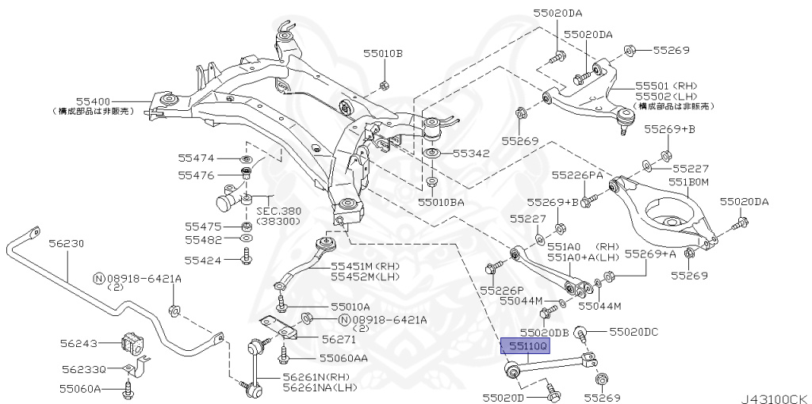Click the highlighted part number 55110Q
click(x=523, y=346)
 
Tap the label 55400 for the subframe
click(x=93, y=101)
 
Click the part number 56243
click(x=79, y=343)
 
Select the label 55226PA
click(x=577, y=174)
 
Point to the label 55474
click(x=196, y=158)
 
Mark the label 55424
click(x=204, y=257)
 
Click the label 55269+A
click(x=650, y=253)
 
